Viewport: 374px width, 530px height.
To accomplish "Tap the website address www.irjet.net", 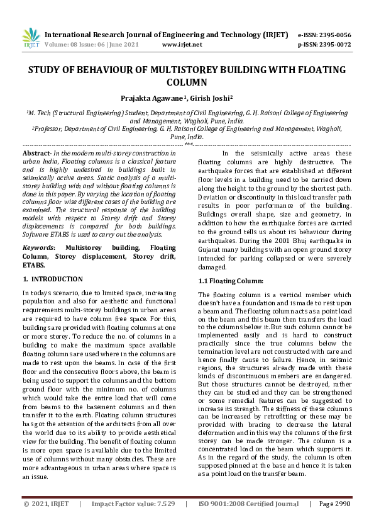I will pos(182,45).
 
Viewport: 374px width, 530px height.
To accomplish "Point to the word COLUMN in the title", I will pos(186,82).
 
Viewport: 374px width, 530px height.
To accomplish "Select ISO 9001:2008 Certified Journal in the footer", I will pos(249,521).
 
